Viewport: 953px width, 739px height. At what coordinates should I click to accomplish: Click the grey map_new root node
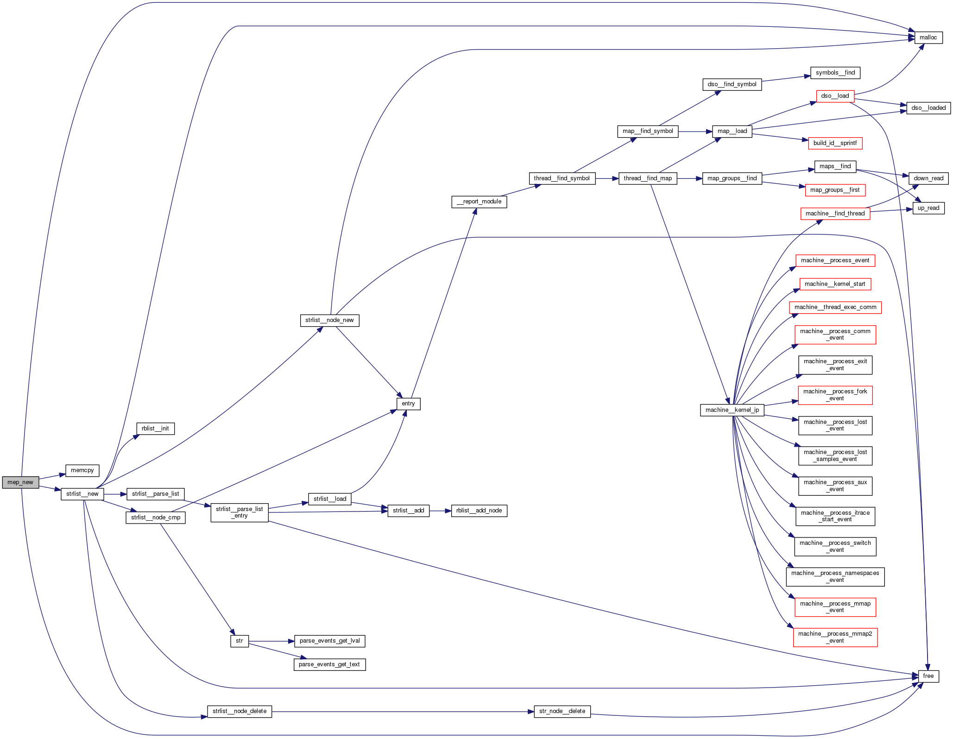pyautogui.click(x=20, y=482)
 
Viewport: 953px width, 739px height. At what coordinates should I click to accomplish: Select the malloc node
pyautogui.click(x=928, y=38)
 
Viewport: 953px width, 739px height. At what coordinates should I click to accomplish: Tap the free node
pyautogui.click(x=928, y=676)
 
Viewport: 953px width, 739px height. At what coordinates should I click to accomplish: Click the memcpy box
pyautogui.click(x=82, y=470)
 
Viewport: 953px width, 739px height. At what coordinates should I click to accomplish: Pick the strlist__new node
pyautogui.click(x=82, y=494)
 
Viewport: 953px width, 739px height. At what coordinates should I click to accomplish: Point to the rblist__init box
pyautogui.click(x=155, y=429)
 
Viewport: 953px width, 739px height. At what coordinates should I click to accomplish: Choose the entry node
pyautogui.click(x=408, y=404)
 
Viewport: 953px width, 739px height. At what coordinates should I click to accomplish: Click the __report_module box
pyautogui.click(x=479, y=202)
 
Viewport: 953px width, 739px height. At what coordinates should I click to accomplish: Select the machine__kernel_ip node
pyautogui.click(x=732, y=410)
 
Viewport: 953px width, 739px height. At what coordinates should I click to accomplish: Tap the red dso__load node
pyautogui.click(x=835, y=96)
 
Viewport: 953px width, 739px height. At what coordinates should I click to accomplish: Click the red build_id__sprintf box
pyautogui.click(x=835, y=143)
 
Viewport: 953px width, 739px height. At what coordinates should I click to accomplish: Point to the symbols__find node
pyautogui.click(x=835, y=73)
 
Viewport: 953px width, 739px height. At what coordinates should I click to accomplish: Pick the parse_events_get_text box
pyautogui.click(x=329, y=664)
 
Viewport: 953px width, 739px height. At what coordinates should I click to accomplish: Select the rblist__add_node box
pyautogui.click(x=479, y=511)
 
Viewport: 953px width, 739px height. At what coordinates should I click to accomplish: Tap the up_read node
pyautogui.click(x=928, y=208)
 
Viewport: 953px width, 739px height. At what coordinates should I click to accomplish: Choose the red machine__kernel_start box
pyautogui.click(x=835, y=284)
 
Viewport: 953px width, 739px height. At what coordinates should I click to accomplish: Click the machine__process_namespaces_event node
pyautogui.click(x=835, y=576)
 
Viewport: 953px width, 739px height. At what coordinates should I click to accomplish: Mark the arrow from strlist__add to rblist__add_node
pyautogui.click(x=440, y=511)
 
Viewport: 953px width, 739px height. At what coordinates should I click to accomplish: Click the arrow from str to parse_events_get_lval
pyautogui.click(x=271, y=641)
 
